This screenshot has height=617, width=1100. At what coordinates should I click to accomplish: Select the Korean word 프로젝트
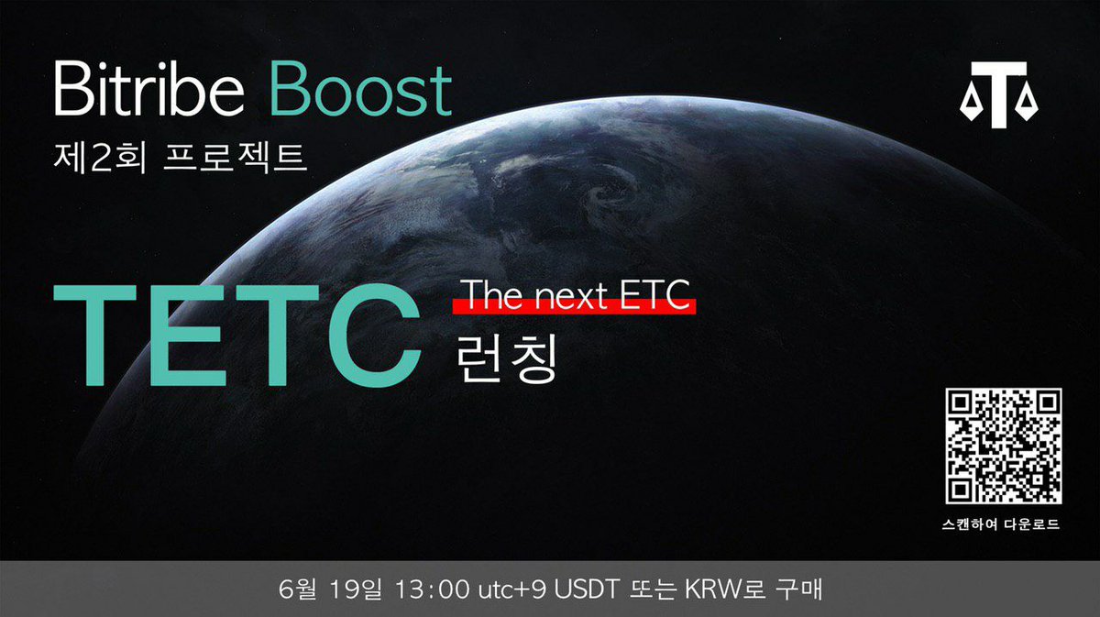[233, 157]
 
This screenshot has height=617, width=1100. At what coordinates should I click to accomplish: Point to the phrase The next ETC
[577, 294]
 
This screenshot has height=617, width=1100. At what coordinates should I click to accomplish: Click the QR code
[1004, 446]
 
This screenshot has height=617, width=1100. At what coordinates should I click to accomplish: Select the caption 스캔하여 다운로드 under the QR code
[1004, 525]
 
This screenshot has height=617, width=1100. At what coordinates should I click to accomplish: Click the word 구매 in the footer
[796, 588]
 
